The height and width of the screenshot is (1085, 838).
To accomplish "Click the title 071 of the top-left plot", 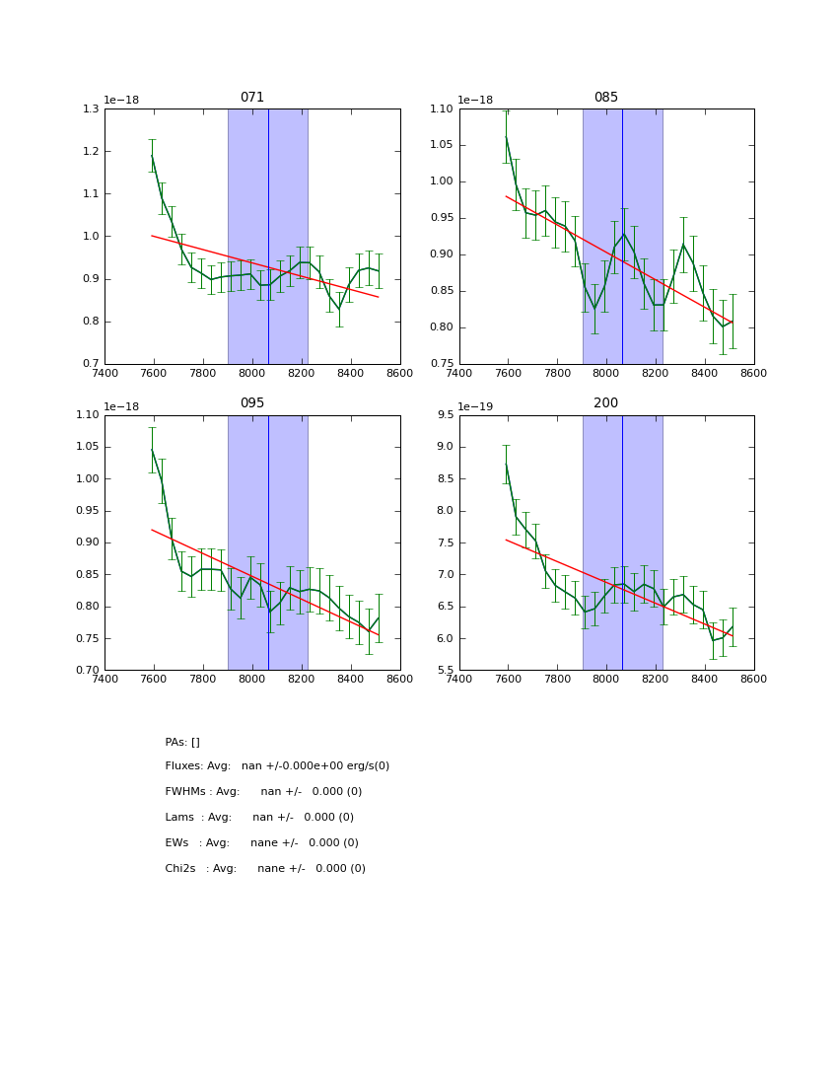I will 252,98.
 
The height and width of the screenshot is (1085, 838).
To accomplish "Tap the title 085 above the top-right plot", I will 606,98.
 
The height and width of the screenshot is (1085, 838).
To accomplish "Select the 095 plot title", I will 252,403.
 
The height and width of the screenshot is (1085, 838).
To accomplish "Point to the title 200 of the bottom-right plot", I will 606,403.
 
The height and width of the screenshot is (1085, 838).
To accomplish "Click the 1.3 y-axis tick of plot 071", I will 90,108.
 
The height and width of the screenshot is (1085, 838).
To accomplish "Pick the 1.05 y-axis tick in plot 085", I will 440,145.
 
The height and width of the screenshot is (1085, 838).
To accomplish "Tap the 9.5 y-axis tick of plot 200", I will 445,415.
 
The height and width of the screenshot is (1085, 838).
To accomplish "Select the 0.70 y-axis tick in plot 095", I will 86,671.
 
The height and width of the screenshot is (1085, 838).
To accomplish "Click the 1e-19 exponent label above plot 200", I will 475,406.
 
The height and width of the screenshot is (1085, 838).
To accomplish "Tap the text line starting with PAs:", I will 182,742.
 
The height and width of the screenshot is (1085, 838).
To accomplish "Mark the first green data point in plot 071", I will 152,155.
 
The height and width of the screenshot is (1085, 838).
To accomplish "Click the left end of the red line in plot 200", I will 506,540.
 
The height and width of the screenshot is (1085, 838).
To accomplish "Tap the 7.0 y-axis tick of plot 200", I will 445,575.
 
